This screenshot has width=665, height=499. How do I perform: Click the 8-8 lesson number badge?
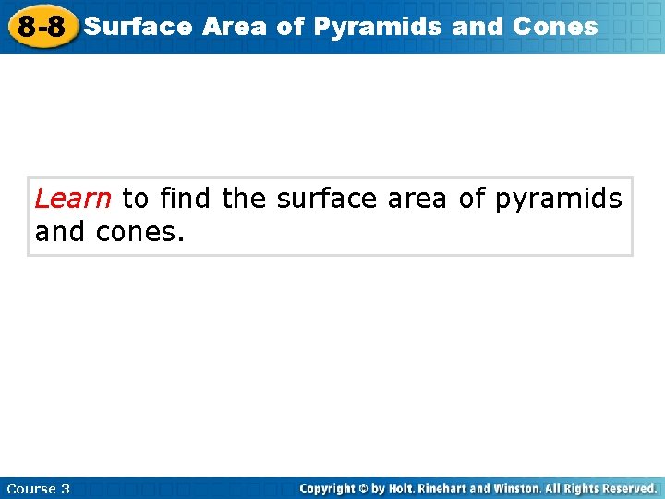coord(42,27)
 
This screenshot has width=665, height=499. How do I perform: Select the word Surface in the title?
coord(138,26)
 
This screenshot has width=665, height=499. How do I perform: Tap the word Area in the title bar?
coord(236,26)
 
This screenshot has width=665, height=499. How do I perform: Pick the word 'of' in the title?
coord(291,26)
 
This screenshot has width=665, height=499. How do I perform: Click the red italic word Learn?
coord(73,198)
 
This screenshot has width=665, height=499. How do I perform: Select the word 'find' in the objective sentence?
coord(185,198)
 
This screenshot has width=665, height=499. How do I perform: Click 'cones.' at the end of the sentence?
coord(140,231)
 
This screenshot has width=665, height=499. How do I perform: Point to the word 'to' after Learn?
coord(135,198)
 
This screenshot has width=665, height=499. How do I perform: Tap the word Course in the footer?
coord(31,488)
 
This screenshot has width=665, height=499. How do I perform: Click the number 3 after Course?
coord(66,488)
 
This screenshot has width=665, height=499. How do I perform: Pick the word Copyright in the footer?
coord(331,488)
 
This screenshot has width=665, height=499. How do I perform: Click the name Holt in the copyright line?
coord(400,488)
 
